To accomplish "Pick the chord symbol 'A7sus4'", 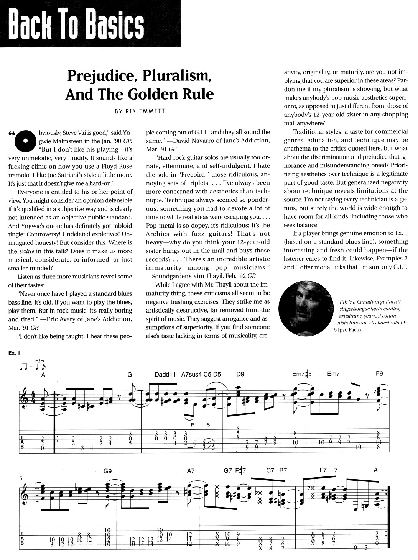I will tap(192, 374).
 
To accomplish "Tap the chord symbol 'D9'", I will tap(240, 374).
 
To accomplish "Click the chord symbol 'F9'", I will tap(379, 374).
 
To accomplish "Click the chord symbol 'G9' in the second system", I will tap(107, 471).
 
